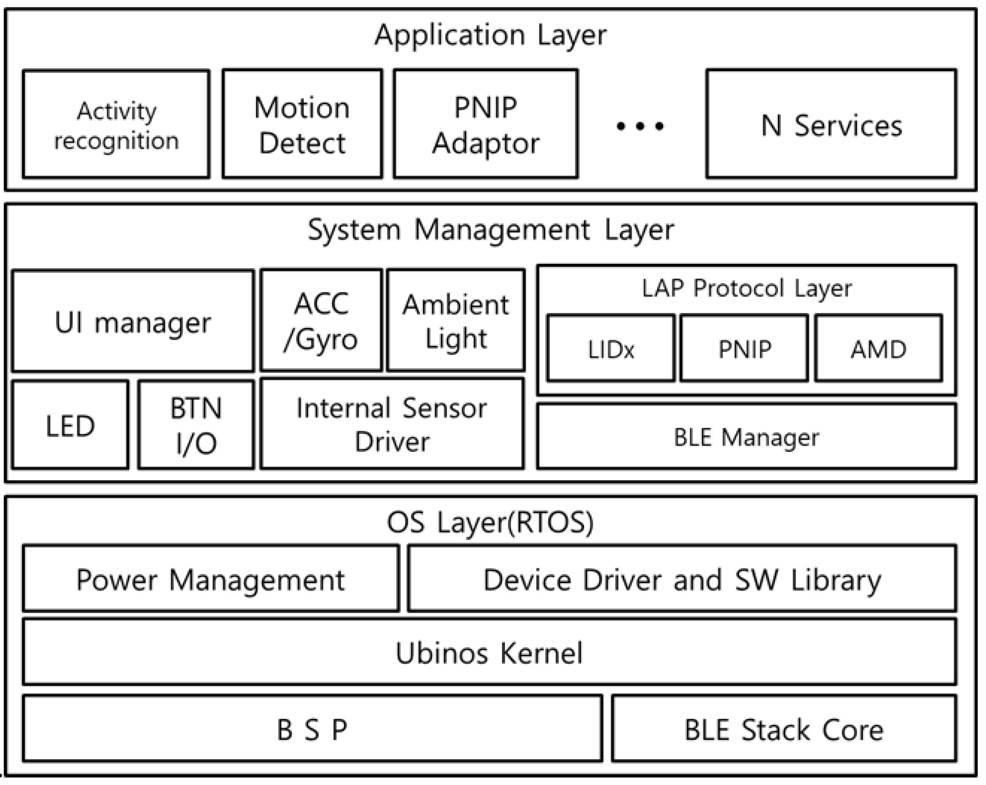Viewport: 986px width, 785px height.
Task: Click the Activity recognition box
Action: pyautogui.click(x=116, y=124)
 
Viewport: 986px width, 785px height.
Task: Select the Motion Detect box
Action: pyautogui.click(x=302, y=124)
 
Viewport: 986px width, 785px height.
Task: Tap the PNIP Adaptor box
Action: pyautogui.click(x=486, y=124)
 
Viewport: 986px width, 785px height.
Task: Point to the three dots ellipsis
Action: pyautogui.click(x=640, y=126)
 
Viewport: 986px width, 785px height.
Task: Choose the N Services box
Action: pyautogui.click(x=831, y=124)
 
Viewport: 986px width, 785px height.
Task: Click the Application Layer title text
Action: pyautogui.click(x=490, y=36)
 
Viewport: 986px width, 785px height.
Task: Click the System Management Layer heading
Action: pyautogui.click(x=490, y=230)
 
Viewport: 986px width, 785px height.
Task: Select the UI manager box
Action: pyautogui.click(x=132, y=321)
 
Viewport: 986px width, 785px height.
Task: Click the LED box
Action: pyautogui.click(x=70, y=426)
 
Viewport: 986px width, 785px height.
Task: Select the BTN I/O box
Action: pyautogui.click(x=196, y=426)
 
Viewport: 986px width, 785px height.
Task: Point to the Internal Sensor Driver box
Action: pyautogui.click(x=392, y=424)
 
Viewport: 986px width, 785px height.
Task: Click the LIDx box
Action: pyautogui.click(x=610, y=348)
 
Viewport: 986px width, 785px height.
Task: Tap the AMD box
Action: pyautogui.click(x=878, y=348)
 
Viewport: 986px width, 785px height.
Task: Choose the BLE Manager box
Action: pyautogui.click(x=746, y=437)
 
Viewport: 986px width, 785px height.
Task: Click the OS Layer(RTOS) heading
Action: pyautogui.click(x=490, y=523)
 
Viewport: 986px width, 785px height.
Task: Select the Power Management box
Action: pyautogui.click(x=210, y=579)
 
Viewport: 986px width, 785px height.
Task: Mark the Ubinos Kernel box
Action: pyautogui.click(x=489, y=653)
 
